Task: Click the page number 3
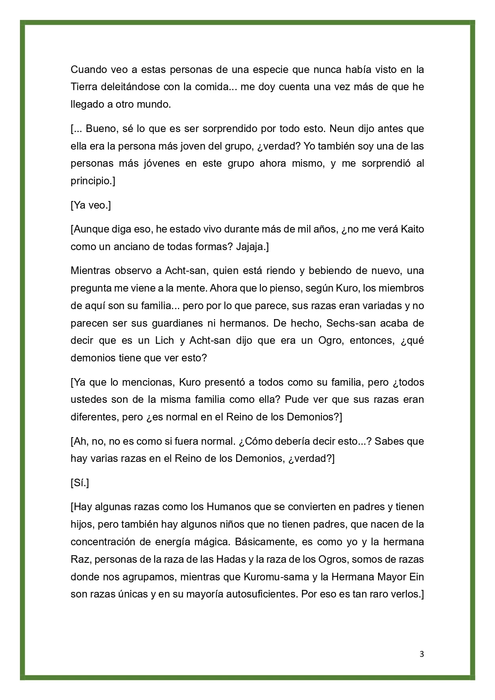click(422, 654)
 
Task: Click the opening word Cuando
click(88, 69)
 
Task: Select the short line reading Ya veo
click(91, 205)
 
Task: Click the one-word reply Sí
click(79, 483)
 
